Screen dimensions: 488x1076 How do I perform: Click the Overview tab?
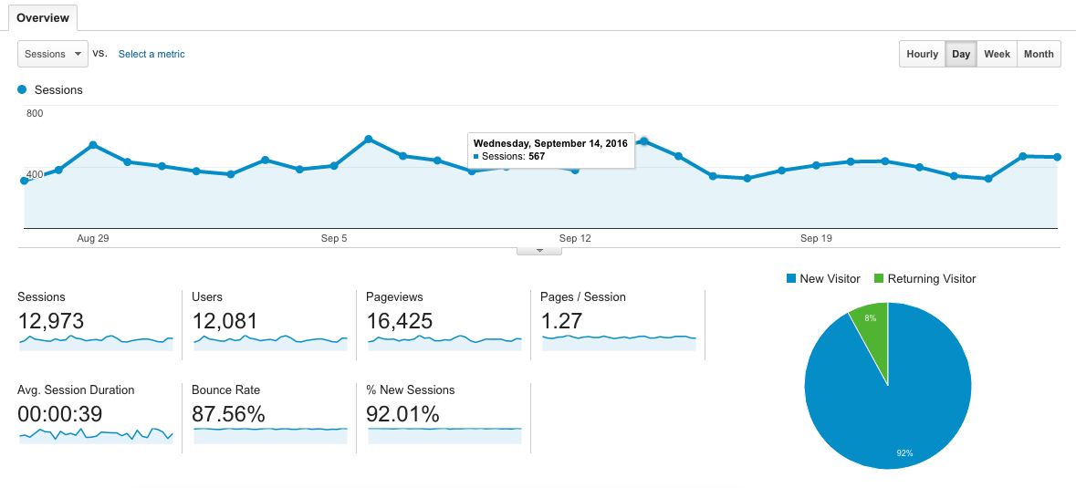tap(43, 18)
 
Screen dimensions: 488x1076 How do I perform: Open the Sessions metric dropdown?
tap(53, 54)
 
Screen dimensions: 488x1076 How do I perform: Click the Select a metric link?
tap(151, 54)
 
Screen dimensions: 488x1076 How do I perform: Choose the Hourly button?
tap(922, 54)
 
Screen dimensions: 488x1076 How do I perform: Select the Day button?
tap(961, 54)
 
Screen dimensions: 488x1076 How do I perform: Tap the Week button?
tap(997, 54)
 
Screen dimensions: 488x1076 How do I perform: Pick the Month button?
tap(1039, 54)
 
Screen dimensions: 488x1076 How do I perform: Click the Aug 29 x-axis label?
tap(93, 239)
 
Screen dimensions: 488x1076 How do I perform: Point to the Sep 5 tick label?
tap(334, 239)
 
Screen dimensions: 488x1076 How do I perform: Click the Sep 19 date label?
tap(816, 239)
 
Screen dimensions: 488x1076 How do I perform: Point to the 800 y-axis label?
tap(35, 113)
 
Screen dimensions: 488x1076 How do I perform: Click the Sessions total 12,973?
tap(51, 321)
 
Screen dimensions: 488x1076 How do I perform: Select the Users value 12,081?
tap(225, 321)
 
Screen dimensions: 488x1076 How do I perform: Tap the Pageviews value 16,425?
tap(399, 321)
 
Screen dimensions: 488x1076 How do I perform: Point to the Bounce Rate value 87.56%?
tap(228, 414)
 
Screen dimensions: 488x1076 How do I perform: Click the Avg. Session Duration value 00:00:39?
tap(60, 414)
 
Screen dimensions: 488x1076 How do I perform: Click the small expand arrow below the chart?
tap(539, 250)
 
